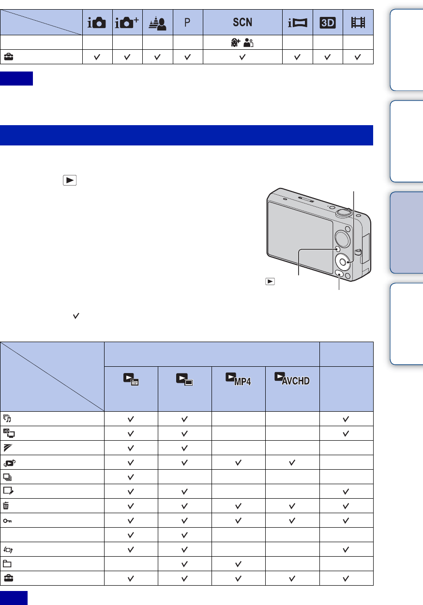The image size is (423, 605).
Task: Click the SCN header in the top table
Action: pyautogui.click(x=242, y=22)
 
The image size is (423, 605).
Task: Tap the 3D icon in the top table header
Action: pyautogui.click(x=328, y=23)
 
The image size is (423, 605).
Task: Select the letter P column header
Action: pyautogui.click(x=187, y=22)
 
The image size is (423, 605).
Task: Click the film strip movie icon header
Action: pyautogui.click(x=358, y=22)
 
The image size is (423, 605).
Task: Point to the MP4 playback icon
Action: pyautogui.click(x=238, y=379)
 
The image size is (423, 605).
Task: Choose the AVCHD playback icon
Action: pyautogui.click(x=292, y=378)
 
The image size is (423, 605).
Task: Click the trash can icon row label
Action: pyautogui.click(x=6, y=505)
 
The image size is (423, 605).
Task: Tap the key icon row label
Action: pyautogui.click(x=7, y=520)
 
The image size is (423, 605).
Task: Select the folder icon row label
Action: pyautogui.click(x=7, y=563)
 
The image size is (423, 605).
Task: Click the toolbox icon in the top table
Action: pyautogui.click(x=9, y=57)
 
